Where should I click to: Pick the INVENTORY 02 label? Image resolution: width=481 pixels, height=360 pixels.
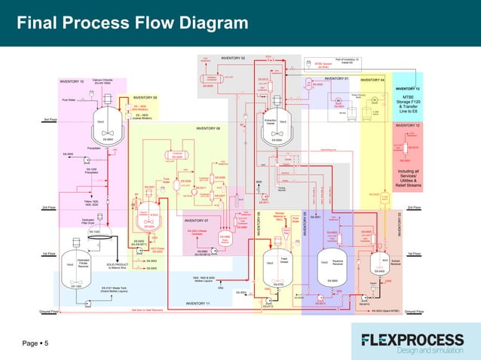pos(233,58)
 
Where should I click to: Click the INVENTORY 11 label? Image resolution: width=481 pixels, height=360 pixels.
pos(198,303)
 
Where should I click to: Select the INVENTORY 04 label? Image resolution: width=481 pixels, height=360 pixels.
pos(372,79)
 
